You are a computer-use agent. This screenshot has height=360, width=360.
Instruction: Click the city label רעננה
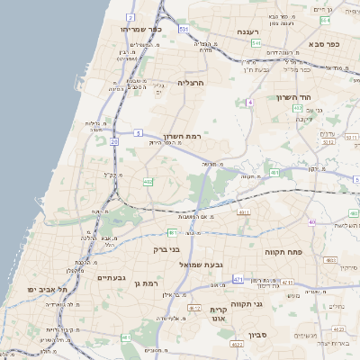click(248, 31)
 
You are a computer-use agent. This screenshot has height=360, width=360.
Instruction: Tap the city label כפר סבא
click(321, 43)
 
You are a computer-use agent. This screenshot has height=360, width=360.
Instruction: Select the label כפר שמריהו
click(140, 29)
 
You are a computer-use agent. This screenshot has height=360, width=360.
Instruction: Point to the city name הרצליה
click(192, 82)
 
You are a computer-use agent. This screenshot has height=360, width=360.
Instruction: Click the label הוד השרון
click(293, 96)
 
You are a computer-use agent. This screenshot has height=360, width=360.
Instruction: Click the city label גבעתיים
click(115, 278)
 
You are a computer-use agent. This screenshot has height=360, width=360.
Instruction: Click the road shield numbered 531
click(183, 30)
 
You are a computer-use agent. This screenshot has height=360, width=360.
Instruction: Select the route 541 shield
click(256, 42)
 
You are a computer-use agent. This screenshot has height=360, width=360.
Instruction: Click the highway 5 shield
click(138, 132)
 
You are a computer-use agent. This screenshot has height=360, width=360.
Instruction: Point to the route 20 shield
click(114, 141)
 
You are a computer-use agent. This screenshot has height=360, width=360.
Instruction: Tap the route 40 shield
click(311, 221)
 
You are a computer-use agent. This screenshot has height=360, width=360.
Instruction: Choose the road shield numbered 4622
click(236, 344)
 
